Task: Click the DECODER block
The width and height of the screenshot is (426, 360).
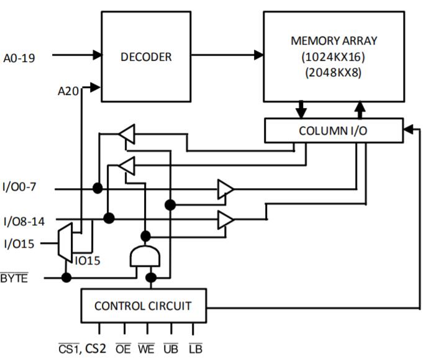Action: (x=145, y=56)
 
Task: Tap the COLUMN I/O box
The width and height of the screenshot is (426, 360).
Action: (x=333, y=130)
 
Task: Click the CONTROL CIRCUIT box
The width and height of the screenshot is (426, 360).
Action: (x=143, y=306)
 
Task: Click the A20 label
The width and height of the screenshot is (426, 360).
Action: (x=68, y=91)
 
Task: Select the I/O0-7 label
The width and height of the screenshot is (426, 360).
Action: (x=21, y=187)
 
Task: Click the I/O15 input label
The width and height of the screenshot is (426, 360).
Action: (x=19, y=243)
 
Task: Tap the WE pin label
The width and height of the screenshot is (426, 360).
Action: (x=147, y=348)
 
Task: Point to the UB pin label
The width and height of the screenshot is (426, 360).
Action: (x=171, y=348)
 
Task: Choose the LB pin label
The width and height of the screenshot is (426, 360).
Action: (x=195, y=348)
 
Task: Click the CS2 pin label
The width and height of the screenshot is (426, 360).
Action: (x=96, y=348)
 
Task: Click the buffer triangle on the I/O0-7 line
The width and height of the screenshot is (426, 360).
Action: (x=225, y=189)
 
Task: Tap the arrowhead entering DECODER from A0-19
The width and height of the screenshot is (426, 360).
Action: (x=96, y=55)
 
